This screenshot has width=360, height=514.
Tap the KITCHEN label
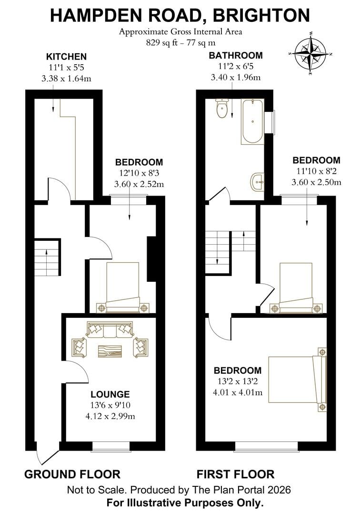tap(66, 57)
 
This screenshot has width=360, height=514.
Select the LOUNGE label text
tap(110, 394)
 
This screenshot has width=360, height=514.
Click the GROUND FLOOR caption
tap(72, 474)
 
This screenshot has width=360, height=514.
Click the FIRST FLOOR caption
tap(236, 474)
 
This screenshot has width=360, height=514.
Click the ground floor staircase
tap(47, 257)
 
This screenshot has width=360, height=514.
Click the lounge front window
tap(110, 445)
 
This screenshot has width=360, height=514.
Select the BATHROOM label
tap(235, 56)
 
